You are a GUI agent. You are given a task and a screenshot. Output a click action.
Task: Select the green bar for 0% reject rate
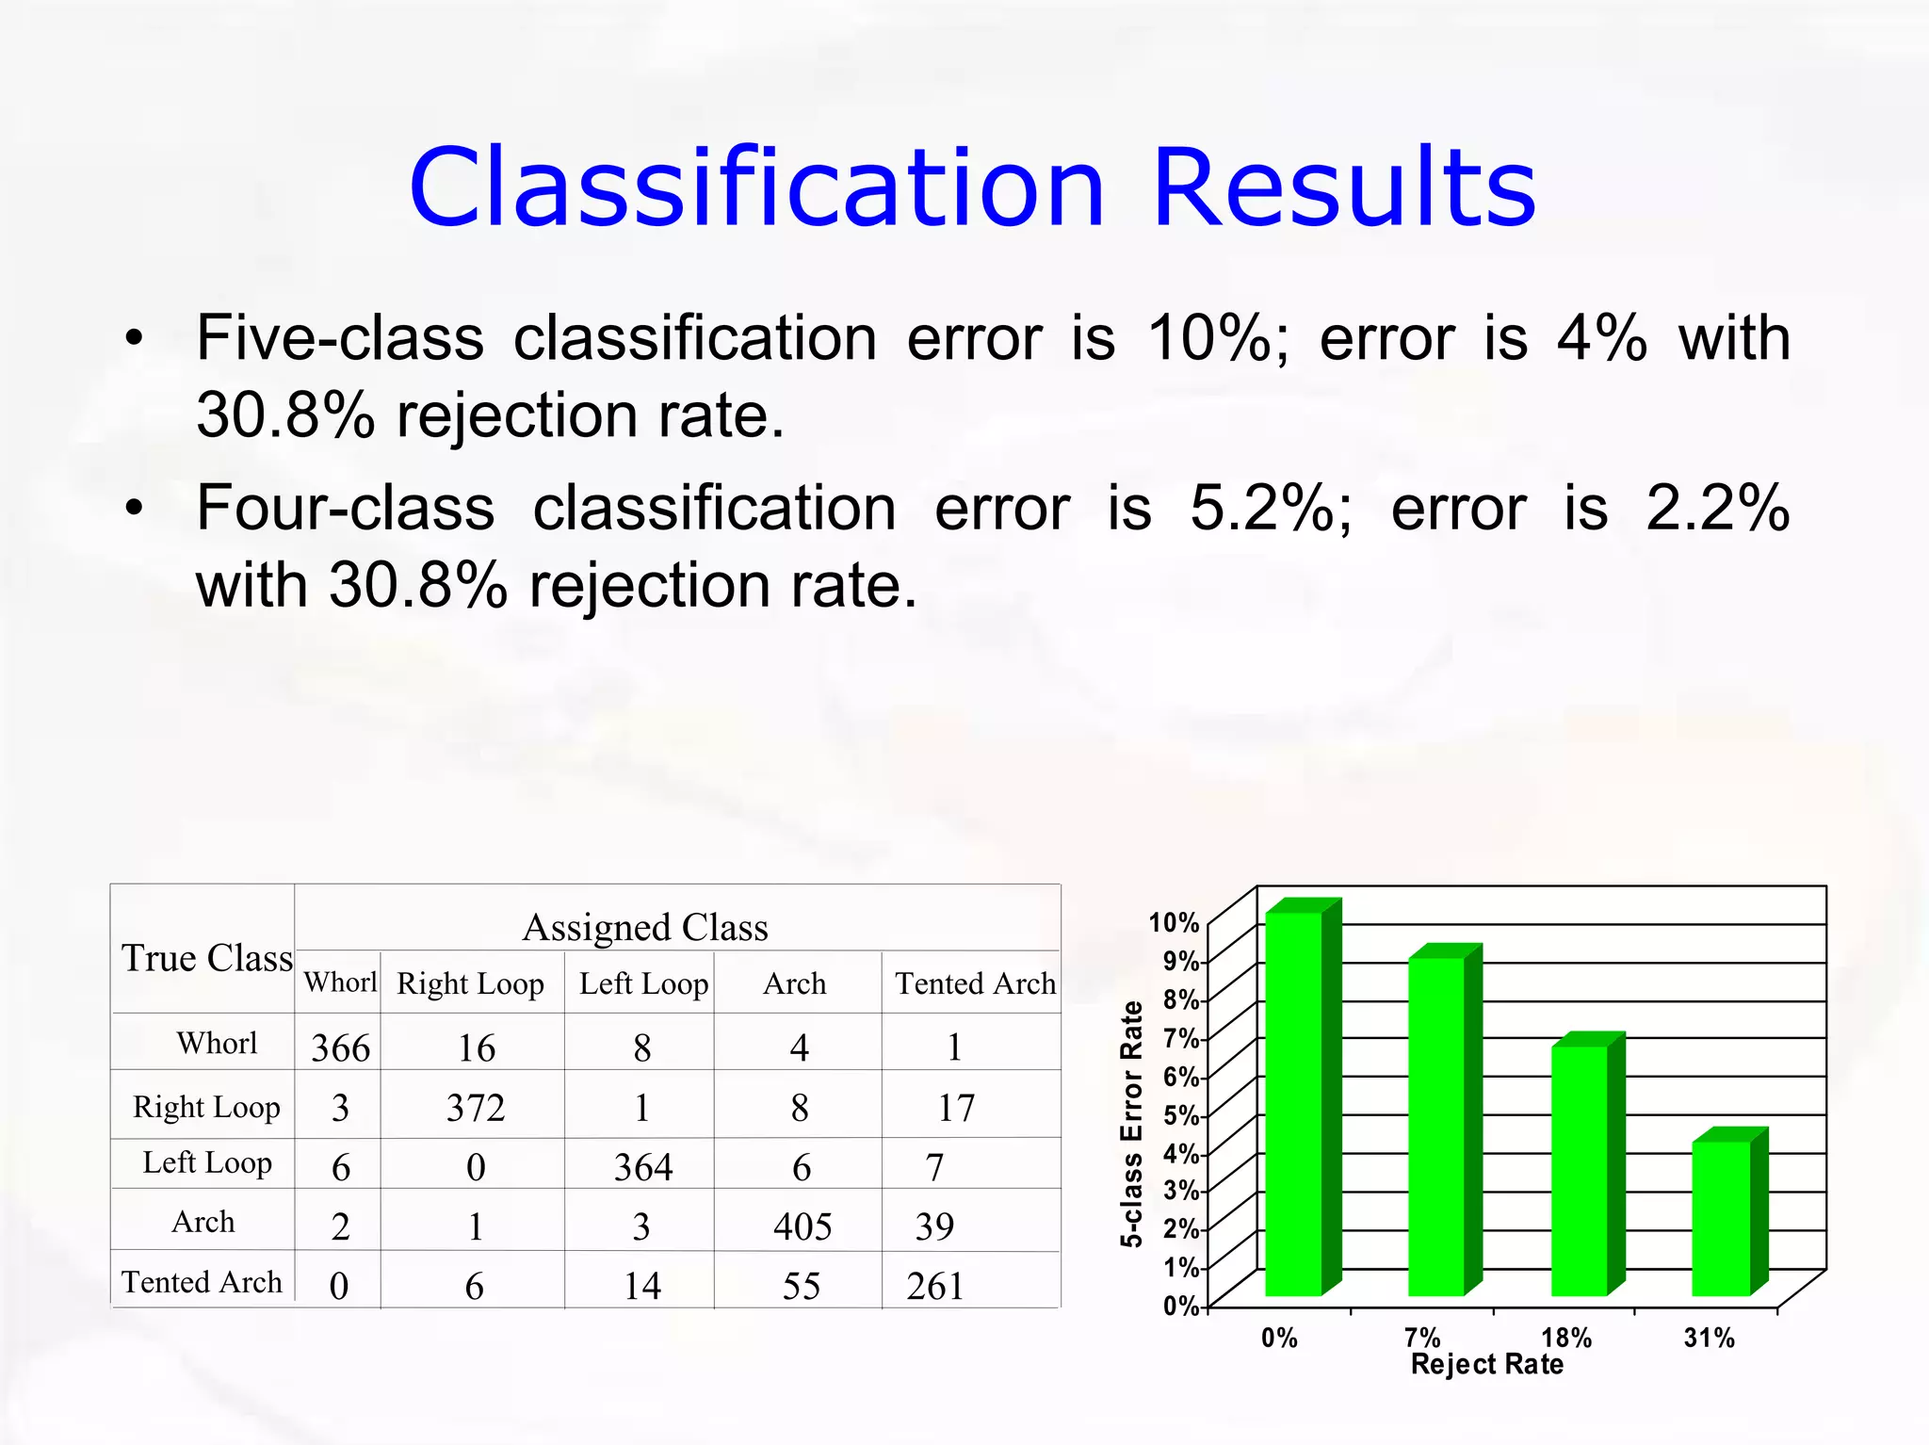pos(1293,1103)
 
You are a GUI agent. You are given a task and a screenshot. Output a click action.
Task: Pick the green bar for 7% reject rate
pos(1436,1126)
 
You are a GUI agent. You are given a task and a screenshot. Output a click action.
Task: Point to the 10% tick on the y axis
pos(1174,922)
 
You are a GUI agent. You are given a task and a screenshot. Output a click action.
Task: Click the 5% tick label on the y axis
pos(1181,1115)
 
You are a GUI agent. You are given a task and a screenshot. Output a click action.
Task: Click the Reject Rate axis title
pos(1486,1365)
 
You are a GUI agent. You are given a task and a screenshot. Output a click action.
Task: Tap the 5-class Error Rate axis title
pos(1131,1124)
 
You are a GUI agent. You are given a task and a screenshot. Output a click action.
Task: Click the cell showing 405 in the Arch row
pos(802,1226)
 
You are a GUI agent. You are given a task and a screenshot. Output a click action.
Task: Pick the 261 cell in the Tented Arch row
pos(935,1286)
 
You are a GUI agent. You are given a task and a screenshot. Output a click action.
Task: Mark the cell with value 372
pos(476,1108)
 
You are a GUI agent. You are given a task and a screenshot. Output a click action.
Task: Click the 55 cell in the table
pos(802,1286)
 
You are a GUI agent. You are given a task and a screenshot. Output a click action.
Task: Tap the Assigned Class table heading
pos(645,928)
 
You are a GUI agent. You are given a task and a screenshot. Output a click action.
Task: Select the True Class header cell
pos(207,958)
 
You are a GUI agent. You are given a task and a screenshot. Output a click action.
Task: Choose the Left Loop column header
pos(643,983)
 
